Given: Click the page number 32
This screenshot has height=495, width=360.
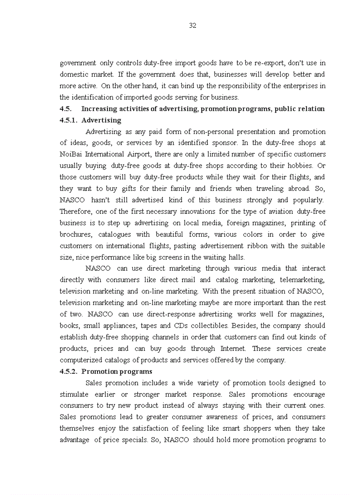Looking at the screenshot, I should pyautogui.click(x=192, y=26).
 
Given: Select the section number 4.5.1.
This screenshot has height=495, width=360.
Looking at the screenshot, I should pyautogui.click(x=68, y=120).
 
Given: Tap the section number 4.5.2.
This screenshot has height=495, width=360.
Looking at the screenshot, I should pyautogui.click(x=68, y=371).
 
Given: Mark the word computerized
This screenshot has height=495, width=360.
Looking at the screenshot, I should pyautogui.click(x=81, y=360).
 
